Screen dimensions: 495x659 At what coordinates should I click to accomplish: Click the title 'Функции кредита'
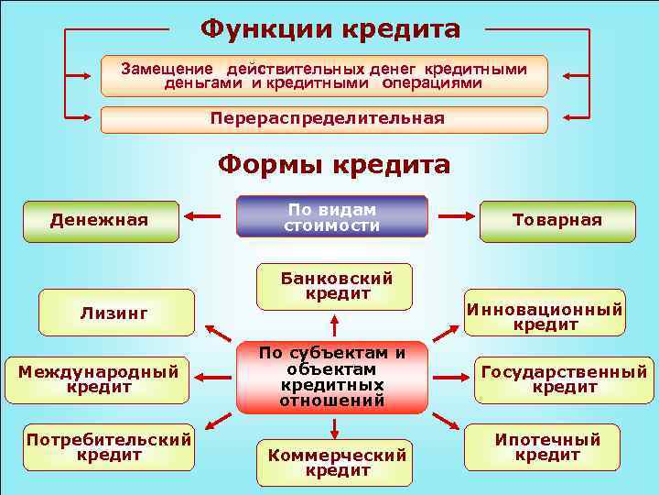330,28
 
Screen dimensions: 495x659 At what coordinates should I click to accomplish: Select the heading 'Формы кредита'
333,164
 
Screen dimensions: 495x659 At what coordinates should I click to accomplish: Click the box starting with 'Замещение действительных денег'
324,75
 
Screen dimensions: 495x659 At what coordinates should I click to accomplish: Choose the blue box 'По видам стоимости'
331,216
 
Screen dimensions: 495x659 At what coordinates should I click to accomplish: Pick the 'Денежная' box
100,220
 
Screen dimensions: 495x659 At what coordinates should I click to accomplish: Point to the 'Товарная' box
556,220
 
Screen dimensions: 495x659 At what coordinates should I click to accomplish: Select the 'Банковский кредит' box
336,286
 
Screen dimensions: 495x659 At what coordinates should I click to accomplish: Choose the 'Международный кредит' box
105,379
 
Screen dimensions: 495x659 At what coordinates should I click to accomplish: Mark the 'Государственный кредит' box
563,379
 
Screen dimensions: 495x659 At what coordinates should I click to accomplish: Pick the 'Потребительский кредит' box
109,446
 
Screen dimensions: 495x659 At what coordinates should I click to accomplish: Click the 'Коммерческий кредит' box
336,461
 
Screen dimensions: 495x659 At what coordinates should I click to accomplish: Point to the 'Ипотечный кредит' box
547,446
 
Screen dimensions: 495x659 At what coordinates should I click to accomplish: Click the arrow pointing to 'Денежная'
203,217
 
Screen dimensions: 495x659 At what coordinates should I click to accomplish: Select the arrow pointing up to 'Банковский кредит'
335,325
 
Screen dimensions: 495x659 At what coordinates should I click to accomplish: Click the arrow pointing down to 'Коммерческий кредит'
335,426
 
